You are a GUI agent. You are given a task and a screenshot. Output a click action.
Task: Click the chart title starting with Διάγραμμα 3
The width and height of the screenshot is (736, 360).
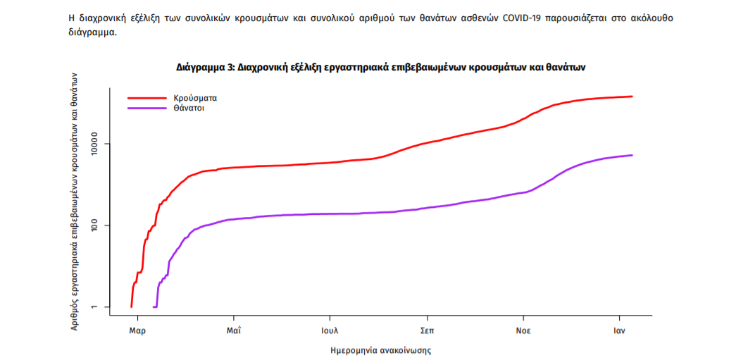[381, 68]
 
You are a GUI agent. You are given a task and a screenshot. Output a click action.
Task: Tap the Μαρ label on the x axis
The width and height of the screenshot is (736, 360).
[137, 330]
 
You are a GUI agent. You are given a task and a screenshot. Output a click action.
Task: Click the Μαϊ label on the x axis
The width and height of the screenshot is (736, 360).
[235, 330]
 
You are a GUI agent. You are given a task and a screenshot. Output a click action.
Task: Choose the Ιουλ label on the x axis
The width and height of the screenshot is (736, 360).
[330, 330]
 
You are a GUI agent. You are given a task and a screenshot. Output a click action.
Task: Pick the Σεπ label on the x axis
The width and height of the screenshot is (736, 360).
[426, 330]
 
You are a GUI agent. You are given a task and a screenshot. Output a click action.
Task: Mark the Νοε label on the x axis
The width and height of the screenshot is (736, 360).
[523, 330]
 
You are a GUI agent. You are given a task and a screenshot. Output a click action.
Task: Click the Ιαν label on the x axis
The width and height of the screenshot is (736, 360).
[619, 330]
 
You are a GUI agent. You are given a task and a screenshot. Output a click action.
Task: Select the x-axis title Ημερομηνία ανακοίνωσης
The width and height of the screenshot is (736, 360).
[380, 350]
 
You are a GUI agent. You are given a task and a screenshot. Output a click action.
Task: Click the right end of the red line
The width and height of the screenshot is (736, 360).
[632, 97]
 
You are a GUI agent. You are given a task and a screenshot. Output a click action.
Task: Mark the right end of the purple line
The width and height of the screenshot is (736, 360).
[632, 155]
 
